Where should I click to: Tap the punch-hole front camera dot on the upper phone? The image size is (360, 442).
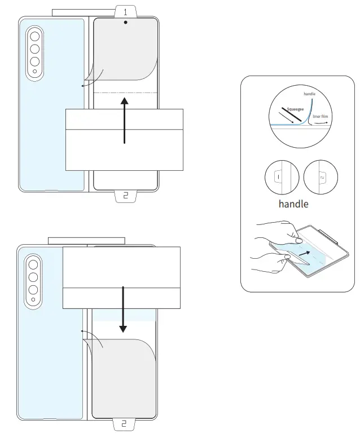(125, 24)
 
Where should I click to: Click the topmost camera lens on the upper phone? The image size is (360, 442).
(34, 37)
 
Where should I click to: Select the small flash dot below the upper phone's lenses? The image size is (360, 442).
(34, 72)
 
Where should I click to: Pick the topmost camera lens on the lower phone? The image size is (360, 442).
(33, 265)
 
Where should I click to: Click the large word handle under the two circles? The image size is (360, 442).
(293, 204)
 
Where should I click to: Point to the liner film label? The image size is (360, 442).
(321, 116)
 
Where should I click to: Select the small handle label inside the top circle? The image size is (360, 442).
(309, 94)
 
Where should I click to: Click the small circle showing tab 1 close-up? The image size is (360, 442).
(282, 177)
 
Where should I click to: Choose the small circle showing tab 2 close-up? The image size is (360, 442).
(320, 177)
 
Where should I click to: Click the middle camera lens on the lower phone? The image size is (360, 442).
(33, 277)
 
